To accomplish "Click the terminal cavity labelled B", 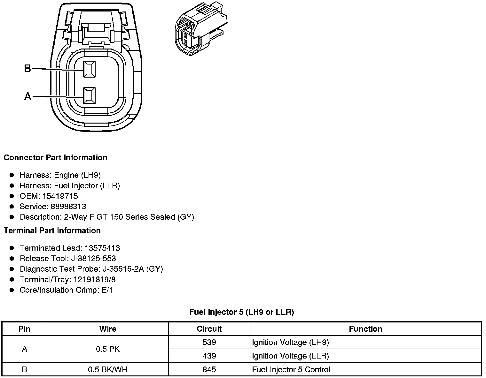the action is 89,69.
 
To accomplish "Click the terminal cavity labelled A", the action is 89,95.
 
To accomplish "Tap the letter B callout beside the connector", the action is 27,68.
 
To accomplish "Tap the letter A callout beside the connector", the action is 28,96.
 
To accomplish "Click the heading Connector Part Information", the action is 55,158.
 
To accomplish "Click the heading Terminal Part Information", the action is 52,231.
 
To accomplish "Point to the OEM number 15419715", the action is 60,196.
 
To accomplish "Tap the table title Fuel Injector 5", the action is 241,312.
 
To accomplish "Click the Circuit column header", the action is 209,329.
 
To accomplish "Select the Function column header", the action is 365,329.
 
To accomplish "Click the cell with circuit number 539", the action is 209,342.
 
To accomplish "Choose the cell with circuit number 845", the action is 209,369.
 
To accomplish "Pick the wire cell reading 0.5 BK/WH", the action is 107,369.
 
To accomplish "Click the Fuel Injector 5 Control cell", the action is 291,369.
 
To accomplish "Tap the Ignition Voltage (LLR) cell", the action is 290,356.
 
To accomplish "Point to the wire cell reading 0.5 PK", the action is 107,349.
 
